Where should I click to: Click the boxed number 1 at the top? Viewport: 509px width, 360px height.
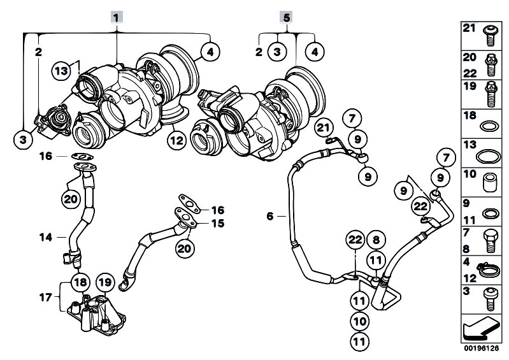[x=117, y=17]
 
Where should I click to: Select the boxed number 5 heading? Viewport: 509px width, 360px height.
[x=286, y=17]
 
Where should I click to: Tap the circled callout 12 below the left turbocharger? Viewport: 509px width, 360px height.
[x=176, y=140]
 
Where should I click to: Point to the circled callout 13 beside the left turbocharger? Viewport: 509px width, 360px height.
[x=61, y=71]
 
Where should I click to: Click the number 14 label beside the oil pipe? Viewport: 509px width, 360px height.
[x=46, y=237]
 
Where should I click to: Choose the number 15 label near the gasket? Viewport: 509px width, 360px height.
[x=218, y=224]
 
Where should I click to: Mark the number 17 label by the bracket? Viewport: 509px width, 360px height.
[x=46, y=297]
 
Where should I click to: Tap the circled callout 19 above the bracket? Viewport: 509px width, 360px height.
[x=105, y=282]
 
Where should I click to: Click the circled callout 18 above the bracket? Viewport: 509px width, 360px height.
[x=80, y=282]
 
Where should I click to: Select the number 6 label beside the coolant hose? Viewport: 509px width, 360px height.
[x=270, y=216]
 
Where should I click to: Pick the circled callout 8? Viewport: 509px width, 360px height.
[x=376, y=240]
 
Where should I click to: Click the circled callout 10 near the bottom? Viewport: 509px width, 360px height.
[x=360, y=321]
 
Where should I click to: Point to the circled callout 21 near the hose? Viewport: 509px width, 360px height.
[x=324, y=127]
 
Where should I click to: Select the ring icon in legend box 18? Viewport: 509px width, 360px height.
[x=488, y=126]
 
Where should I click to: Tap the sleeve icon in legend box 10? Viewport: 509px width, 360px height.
[x=489, y=183]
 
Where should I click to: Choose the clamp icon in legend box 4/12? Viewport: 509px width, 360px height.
[x=489, y=269]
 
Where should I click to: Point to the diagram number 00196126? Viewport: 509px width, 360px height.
[x=481, y=348]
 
